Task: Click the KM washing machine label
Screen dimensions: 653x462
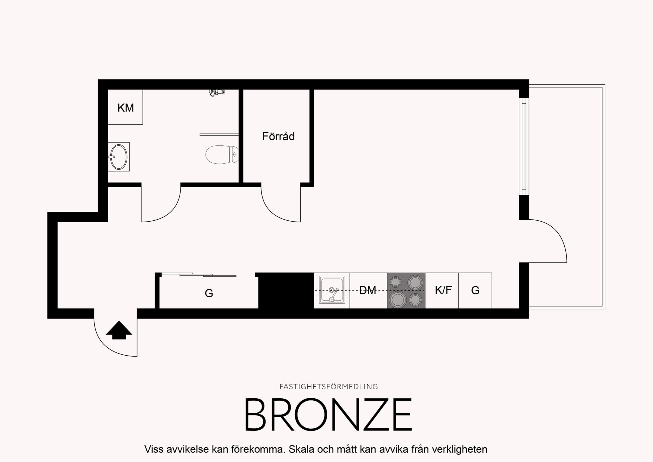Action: [126, 108]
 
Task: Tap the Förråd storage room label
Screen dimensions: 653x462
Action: [278, 136]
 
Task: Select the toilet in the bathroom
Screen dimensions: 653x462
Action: [222, 155]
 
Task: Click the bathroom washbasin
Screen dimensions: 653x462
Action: [119, 157]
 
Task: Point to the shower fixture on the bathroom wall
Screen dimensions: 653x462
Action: [217, 92]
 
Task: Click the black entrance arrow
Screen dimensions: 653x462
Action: [119, 330]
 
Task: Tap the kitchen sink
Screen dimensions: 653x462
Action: [332, 290]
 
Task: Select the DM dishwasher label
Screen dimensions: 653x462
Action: [367, 290]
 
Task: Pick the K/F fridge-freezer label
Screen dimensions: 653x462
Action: [443, 290]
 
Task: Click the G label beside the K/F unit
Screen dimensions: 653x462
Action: [475, 290]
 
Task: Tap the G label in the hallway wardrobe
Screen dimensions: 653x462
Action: [209, 293]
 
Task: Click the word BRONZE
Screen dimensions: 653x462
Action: [328, 415]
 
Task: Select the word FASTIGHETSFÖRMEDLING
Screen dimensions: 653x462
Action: [328, 387]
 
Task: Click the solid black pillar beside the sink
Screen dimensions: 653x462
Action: [286, 291]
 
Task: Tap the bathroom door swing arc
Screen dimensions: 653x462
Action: [171, 212]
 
